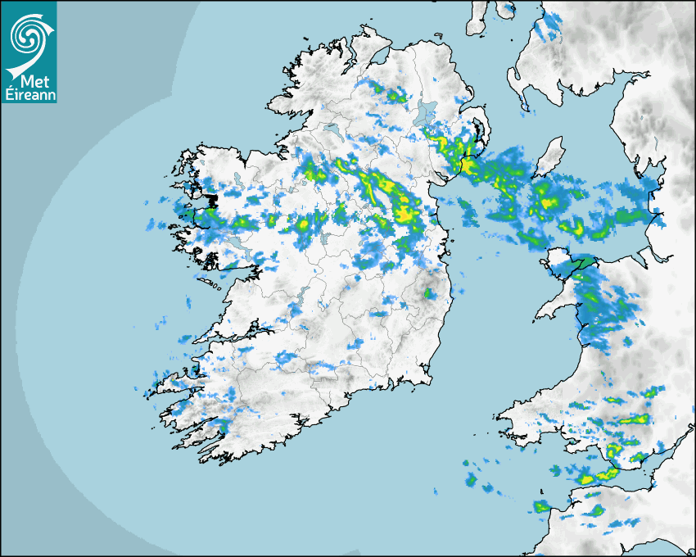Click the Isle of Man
point(551,156)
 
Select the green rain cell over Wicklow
point(427,292)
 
